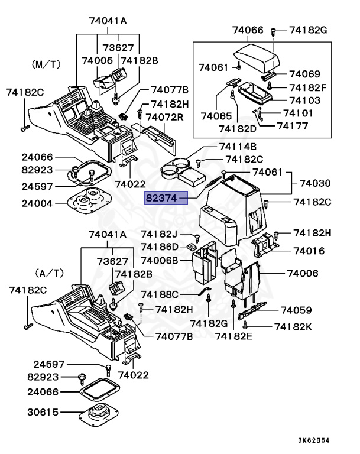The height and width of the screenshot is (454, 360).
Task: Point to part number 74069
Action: (304, 74)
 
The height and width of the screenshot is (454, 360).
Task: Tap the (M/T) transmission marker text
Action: (46, 63)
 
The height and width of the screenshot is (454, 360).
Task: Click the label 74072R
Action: (166, 117)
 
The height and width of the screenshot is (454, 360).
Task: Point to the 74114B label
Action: (238, 147)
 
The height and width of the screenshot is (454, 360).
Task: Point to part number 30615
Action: (42, 412)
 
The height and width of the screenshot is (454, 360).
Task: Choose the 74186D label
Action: (160, 247)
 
